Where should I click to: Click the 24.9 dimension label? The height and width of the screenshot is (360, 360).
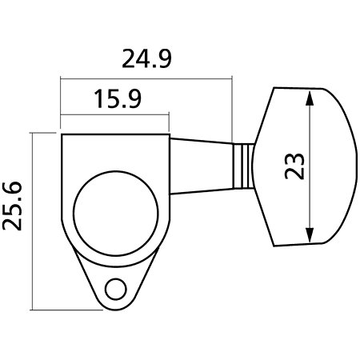coord(146,58)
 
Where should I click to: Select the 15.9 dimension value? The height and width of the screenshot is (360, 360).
coord(118,99)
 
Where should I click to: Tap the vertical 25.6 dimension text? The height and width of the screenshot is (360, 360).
coord(12,206)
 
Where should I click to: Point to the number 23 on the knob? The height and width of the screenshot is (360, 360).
coord(294,166)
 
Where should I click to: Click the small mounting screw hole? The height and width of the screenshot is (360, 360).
coord(116,290)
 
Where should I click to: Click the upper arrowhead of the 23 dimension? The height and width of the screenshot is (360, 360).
coord(310,98)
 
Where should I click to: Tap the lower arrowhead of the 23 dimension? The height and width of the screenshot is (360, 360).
coord(310,234)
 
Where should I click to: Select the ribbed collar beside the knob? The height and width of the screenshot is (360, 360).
coord(243,166)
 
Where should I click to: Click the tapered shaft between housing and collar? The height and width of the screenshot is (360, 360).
coord(202,166)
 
